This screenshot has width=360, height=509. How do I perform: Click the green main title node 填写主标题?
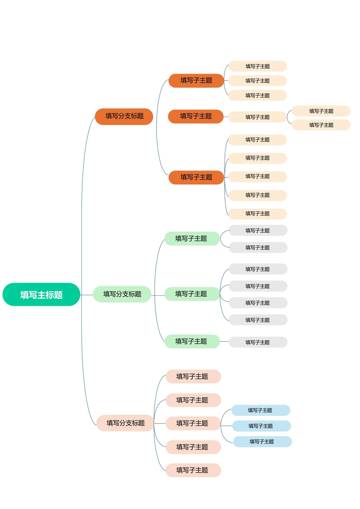point(41,295)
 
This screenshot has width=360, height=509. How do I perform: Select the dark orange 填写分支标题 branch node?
point(124,116)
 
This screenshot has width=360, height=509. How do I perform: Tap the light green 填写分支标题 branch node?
point(122,294)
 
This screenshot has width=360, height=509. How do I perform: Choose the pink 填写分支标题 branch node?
point(125,423)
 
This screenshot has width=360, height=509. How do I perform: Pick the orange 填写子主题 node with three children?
point(196,81)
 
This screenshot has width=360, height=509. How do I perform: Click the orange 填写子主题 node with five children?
point(196,177)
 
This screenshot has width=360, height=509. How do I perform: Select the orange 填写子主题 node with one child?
point(196,116)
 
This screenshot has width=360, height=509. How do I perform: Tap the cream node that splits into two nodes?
point(257,117)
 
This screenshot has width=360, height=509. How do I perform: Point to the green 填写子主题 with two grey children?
point(192,239)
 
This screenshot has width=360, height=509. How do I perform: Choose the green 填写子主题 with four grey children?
point(192,294)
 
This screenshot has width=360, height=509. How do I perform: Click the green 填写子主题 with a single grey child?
point(192,341)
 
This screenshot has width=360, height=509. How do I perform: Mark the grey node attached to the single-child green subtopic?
point(258,342)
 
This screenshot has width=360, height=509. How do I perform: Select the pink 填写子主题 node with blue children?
point(193,423)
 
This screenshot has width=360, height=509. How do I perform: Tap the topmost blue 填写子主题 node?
point(261,410)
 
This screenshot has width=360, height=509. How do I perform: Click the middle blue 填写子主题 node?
point(261,426)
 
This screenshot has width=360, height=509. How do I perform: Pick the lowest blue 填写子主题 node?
point(262,441)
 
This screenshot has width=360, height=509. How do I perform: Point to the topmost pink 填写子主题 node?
point(193,376)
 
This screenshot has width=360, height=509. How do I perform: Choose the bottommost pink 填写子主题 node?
point(193,470)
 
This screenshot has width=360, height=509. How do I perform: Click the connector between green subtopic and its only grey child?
point(224,342)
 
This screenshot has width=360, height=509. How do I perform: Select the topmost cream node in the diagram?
point(257,66)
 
